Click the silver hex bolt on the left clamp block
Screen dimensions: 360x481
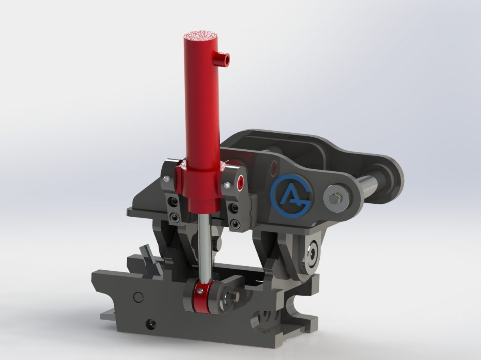(x=166, y=179)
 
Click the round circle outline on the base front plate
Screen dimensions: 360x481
(x=139, y=297)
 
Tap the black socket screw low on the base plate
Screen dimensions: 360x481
(x=150, y=323)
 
